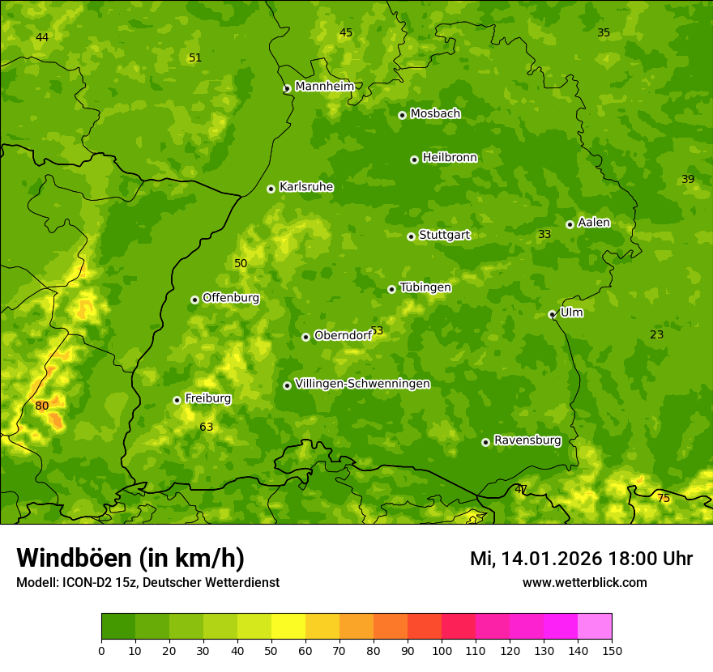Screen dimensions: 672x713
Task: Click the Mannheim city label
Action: (x=324, y=87)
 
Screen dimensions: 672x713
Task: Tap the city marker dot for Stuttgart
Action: (x=411, y=236)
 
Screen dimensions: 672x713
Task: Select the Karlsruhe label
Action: (x=305, y=187)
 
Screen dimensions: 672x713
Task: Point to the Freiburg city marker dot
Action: (x=177, y=400)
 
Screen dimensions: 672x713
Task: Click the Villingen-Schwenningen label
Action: (x=362, y=384)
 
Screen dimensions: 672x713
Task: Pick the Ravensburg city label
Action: (x=527, y=440)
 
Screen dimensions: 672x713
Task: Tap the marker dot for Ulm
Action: (x=552, y=314)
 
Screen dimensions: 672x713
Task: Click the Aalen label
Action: (x=593, y=223)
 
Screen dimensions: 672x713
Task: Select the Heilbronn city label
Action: (x=449, y=158)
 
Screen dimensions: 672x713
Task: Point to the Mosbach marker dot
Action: (x=402, y=115)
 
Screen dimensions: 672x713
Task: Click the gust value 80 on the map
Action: (x=41, y=406)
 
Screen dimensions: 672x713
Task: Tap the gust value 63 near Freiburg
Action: (x=207, y=427)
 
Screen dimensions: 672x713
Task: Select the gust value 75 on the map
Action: (x=664, y=498)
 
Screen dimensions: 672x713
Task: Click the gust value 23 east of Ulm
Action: (x=656, y=334)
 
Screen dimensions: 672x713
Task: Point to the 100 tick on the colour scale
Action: (x=442, y=650)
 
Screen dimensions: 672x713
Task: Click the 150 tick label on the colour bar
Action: (x=612, y=650)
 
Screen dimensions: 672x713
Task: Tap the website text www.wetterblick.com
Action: (x=584, y=582)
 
